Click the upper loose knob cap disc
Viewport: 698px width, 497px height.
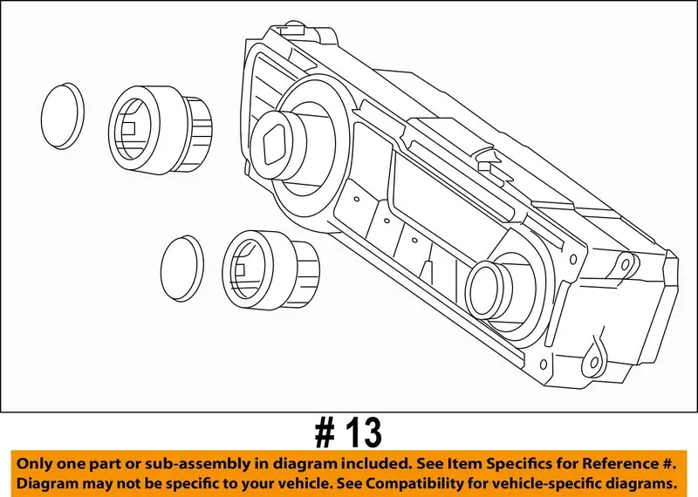click(62, 116)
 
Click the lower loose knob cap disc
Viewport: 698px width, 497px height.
click(182, 269)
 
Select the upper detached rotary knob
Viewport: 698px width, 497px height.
click(161, 130)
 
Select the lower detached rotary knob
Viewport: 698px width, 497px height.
click(270, 269)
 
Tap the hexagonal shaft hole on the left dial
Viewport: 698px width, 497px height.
click(275, 142)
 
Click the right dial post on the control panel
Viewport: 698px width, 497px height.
click(489, 290)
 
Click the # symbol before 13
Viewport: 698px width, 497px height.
click(325, 433)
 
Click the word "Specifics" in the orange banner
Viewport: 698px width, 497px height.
click(517, 465)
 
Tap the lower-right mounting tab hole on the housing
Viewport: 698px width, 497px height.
click(594, 363)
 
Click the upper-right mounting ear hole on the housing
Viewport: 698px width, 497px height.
click(626, 265)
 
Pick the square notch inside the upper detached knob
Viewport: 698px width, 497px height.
click(128, 128)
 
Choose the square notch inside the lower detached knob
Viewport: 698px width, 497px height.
click(240, 269)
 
